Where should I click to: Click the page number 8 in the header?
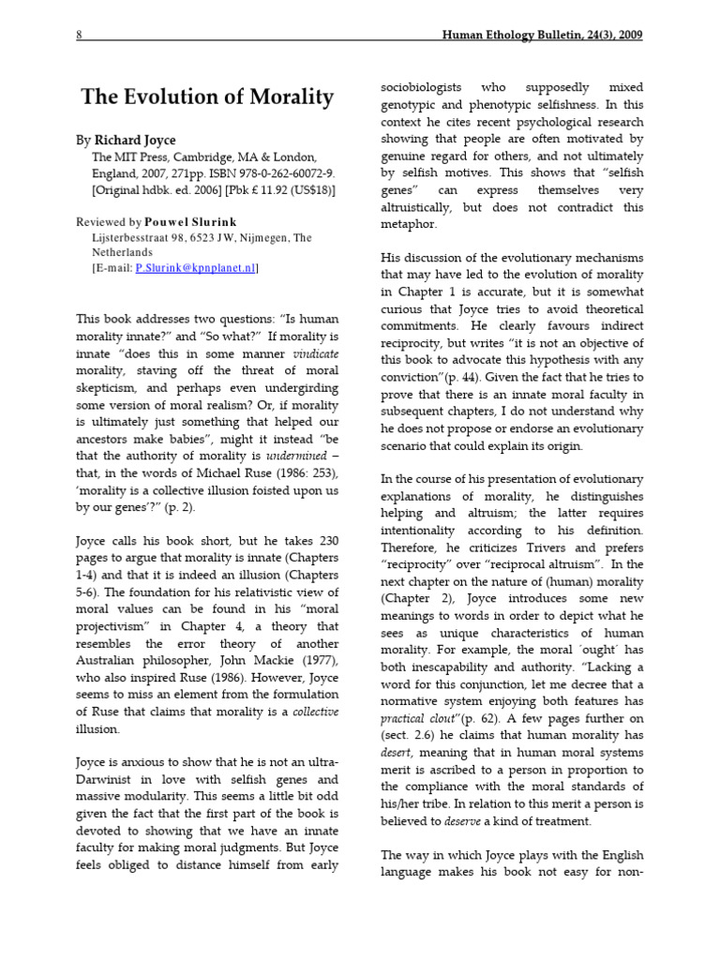click(x=80, y=36)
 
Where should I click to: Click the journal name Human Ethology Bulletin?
click(x=521, y=36)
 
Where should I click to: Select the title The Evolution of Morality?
click(x=207, y=97)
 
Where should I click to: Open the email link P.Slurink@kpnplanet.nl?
click(x=194, y=268)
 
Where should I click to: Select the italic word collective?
click(x=313, y=712)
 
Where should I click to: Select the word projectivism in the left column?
click(x=114, y=626)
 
